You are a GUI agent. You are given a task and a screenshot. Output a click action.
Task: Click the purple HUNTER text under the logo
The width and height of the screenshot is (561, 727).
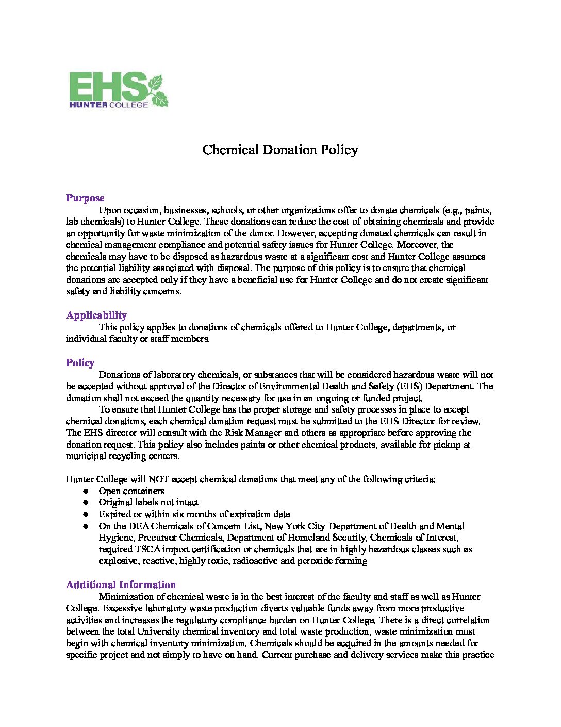[88, 105]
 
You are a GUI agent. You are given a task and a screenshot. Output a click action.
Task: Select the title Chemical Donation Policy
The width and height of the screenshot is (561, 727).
[280, 150]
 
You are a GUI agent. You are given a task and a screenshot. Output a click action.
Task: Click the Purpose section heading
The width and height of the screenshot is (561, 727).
[85, 198]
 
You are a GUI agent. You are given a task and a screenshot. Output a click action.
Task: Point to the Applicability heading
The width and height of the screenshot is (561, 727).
[96, 315]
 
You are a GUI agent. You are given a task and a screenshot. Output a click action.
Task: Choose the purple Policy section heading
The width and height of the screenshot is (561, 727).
[80, 362]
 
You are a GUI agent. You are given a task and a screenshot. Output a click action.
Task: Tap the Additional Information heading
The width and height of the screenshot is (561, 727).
[121, 584]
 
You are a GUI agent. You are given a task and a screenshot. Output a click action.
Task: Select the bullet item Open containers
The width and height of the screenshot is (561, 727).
[131, 491]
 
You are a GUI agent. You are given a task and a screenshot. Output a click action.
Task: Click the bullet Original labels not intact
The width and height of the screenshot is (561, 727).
[148, 502]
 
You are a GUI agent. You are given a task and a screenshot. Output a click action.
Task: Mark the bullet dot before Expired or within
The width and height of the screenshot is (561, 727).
[86, 514]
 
